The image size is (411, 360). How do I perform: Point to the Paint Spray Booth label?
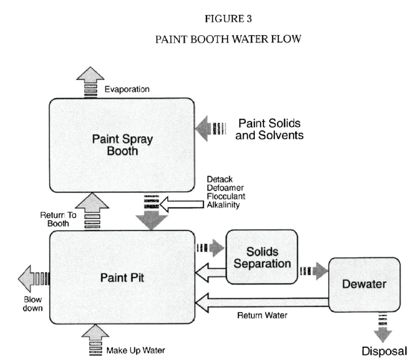[x=122, y=145]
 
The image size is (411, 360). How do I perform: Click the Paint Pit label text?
[x=122, y=278]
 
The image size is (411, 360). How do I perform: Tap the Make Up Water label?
[x=136, y=350]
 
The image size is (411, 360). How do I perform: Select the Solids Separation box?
[x=262, y=257]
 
